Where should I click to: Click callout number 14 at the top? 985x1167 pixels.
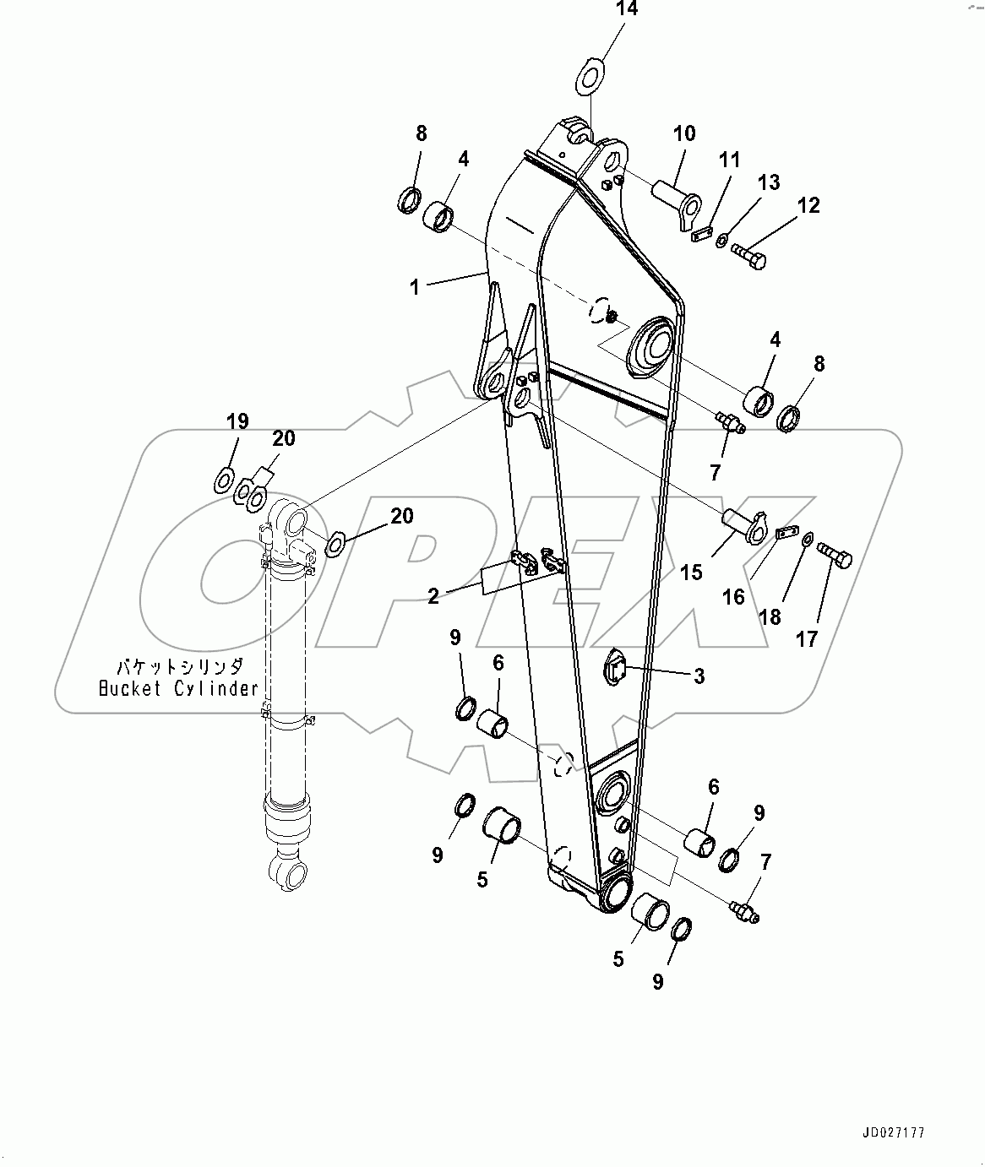(x=627, y=10)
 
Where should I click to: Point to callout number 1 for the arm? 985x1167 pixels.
(x=415, y=287)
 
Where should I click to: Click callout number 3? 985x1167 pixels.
(x=699, y=676)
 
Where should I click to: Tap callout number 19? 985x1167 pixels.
(x=237, y=421)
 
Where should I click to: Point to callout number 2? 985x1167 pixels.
(x=433, y=597)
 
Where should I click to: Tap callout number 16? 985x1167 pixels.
(x=733, y=597)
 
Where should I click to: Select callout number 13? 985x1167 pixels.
(x=769, y=182)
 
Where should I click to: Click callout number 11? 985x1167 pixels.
(x=729, y=160)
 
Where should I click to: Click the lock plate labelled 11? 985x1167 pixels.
(x=701, y=235)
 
